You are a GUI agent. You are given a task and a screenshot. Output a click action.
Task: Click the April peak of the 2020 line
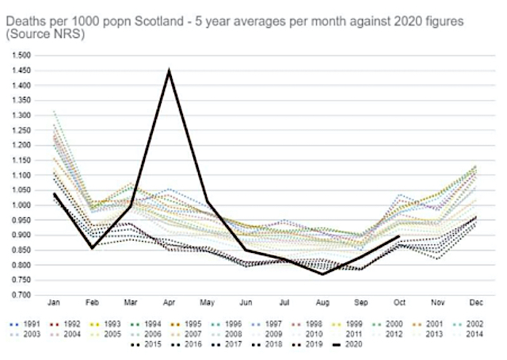click(169, 71)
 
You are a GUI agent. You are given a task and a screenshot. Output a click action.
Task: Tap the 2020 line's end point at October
click(398, 236)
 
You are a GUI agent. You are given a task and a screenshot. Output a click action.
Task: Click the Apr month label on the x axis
click(169, 303)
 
